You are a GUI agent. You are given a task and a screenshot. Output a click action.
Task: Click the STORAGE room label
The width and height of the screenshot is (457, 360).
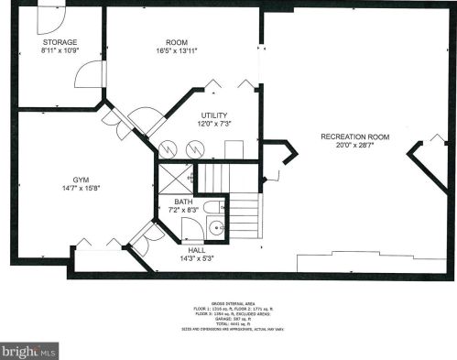pos(59,42)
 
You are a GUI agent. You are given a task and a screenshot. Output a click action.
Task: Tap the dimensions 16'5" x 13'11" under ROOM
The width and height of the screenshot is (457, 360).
pos(177,51)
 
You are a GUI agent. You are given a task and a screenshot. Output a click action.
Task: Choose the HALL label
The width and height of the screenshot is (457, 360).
pos(197,249)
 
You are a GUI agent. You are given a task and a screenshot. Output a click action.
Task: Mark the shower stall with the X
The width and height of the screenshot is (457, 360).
pos(177,176)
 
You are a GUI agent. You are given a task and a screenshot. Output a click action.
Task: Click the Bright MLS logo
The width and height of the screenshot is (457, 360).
pos(29,350)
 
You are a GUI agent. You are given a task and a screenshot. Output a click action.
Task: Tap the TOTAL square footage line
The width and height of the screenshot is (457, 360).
pos(229,322)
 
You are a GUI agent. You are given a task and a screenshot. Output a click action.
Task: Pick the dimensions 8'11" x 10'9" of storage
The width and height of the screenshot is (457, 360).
pos(59,50)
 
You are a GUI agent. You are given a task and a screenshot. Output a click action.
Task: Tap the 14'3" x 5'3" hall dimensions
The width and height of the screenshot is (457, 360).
pos(197,257)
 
